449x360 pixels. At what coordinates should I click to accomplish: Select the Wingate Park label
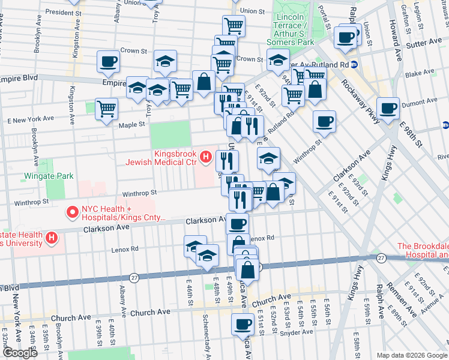49,176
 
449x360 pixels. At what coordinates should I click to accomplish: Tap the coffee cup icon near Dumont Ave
388,108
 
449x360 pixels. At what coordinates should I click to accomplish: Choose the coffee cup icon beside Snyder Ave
243,324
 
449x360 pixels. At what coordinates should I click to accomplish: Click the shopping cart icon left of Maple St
106,109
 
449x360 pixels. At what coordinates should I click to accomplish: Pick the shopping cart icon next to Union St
234,26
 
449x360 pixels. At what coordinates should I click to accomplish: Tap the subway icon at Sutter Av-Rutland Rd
355,64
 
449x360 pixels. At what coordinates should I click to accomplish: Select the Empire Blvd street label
19,78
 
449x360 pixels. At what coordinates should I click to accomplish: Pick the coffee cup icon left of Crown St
108,61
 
